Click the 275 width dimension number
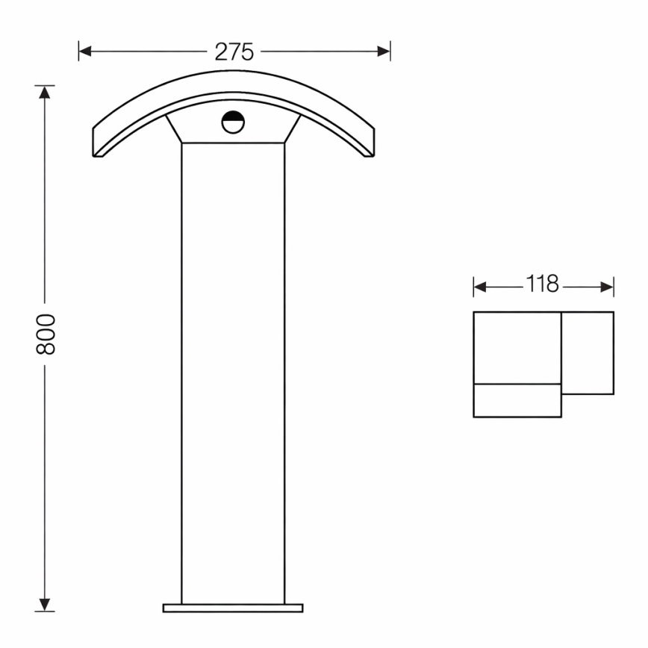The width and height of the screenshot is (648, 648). pyautogui.click(x=234, y=52)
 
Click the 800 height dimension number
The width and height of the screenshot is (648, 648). pyautogui.click(x=46, y=333)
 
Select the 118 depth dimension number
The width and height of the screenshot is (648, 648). pyautogui.click(x=543, y=285)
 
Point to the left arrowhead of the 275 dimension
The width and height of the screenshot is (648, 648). pyautogui.click(x=84, y=52)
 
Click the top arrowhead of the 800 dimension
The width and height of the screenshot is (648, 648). pyautogui.click(x=46, y=92)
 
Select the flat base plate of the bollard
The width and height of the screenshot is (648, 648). pyautogui.click(x=233, y=608)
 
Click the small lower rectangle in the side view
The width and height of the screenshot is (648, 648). pyautogui.click(x=517, y=401)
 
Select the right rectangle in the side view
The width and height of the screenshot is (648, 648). pyautogui.click(x=588, y=352)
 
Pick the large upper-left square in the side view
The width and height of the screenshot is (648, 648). pyautogui.click(x=517, y=348)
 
